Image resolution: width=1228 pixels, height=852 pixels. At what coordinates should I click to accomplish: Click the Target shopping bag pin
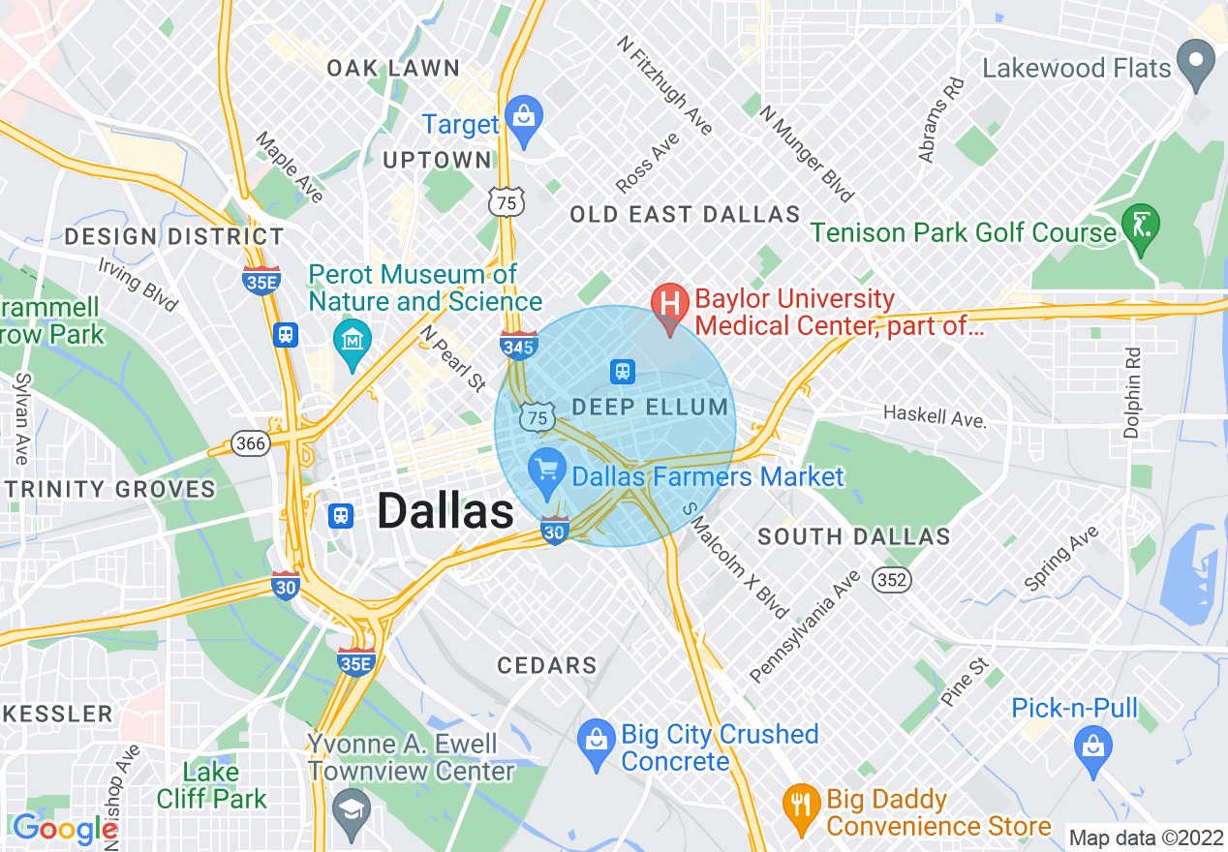[x=524, y=119]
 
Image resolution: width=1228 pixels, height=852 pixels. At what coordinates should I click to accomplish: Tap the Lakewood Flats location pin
[x=1200, y=63]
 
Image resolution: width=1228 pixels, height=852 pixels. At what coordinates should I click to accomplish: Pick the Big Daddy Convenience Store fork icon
[x=800, y=808]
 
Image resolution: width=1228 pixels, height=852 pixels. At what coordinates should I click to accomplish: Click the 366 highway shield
[x=250, y=442]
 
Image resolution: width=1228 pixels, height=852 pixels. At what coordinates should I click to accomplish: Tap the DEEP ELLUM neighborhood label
[x=650, y=407]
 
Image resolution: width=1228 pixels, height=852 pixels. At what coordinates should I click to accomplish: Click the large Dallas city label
[x=445, y=510]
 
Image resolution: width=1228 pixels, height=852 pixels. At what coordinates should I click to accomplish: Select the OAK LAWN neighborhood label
[x=393, y=68]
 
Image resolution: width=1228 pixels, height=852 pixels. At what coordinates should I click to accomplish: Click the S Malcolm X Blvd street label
[x=736, y=561]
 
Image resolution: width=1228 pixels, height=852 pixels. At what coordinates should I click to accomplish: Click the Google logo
[x=65, y=829]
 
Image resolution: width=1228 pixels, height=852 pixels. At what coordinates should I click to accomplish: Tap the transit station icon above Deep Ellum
[x=622, y=371]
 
